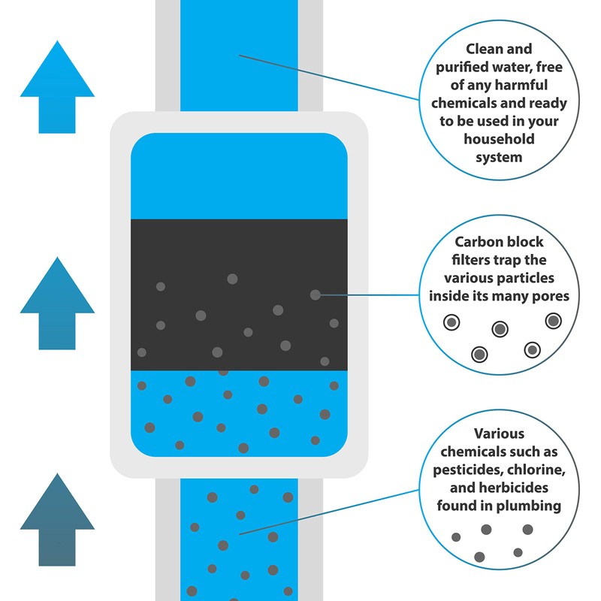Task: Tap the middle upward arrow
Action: click(57, 304)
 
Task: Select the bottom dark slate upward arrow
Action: click(57, 518)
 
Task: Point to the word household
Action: click(499, 140)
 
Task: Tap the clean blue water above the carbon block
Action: click(239, 177)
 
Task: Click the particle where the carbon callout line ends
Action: click(315, 294)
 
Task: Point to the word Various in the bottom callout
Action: click(499, 434)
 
